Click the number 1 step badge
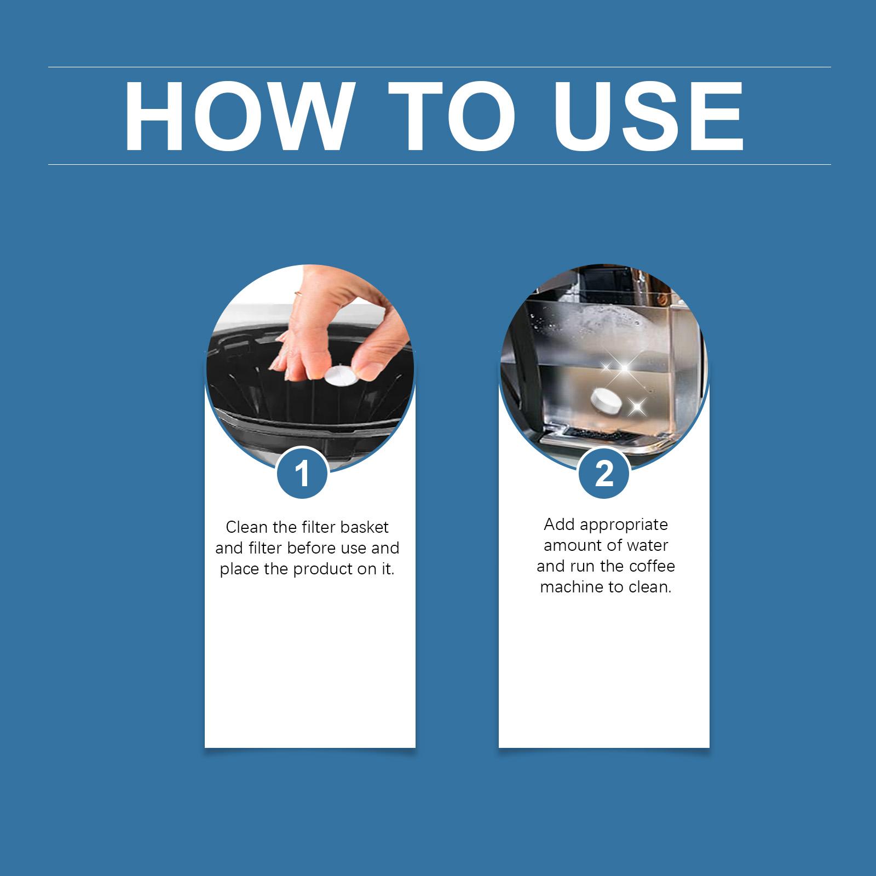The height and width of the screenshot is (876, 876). tap(302, 473)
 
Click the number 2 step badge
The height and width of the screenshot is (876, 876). tap(604, 473)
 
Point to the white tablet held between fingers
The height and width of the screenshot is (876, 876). tap(340, 377)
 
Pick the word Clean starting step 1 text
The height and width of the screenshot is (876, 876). tap(246, 527)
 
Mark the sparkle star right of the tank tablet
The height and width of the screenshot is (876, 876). tap(636, 406)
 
